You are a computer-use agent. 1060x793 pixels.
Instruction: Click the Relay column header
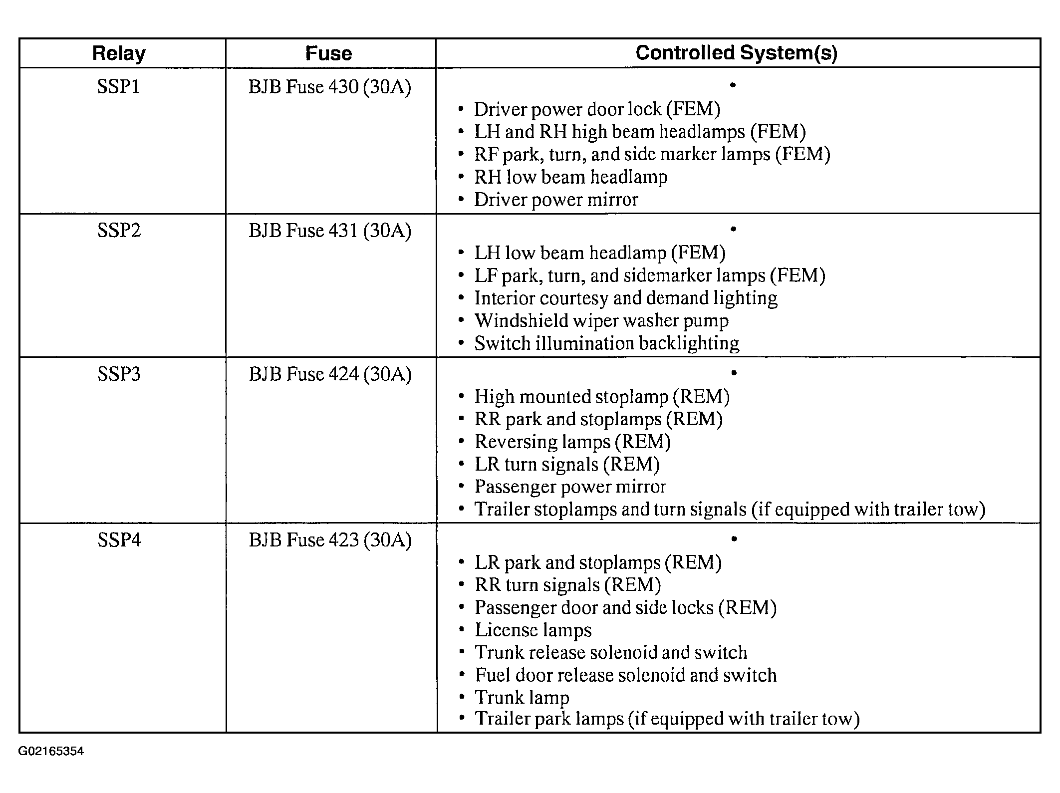119,53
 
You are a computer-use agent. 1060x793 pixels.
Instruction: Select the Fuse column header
328,53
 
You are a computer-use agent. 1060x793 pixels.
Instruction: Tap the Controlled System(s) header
736,52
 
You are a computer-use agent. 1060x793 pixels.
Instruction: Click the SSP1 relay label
118,87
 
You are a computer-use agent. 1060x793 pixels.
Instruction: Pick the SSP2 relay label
119,231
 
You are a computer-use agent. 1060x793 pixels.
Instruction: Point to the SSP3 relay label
119,374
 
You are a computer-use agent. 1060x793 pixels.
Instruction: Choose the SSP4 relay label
119,540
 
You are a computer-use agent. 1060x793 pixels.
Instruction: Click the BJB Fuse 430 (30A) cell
330,87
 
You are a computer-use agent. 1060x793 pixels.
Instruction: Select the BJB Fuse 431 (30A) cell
330,231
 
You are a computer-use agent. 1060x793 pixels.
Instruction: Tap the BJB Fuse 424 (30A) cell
330,374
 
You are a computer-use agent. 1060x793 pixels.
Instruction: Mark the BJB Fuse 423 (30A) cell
330,540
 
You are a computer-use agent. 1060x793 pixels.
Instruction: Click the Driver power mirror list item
555,200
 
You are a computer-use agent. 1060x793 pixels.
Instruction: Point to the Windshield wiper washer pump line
601,320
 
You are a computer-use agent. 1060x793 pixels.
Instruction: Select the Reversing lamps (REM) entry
572,442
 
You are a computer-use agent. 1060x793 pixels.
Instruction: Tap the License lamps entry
532,630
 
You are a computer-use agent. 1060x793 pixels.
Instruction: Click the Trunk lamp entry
522,697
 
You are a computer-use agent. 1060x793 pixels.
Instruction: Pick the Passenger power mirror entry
570,487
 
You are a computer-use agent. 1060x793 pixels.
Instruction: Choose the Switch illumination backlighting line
606,343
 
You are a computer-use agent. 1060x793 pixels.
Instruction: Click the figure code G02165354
51,751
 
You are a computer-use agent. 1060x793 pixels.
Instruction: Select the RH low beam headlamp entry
570,177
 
